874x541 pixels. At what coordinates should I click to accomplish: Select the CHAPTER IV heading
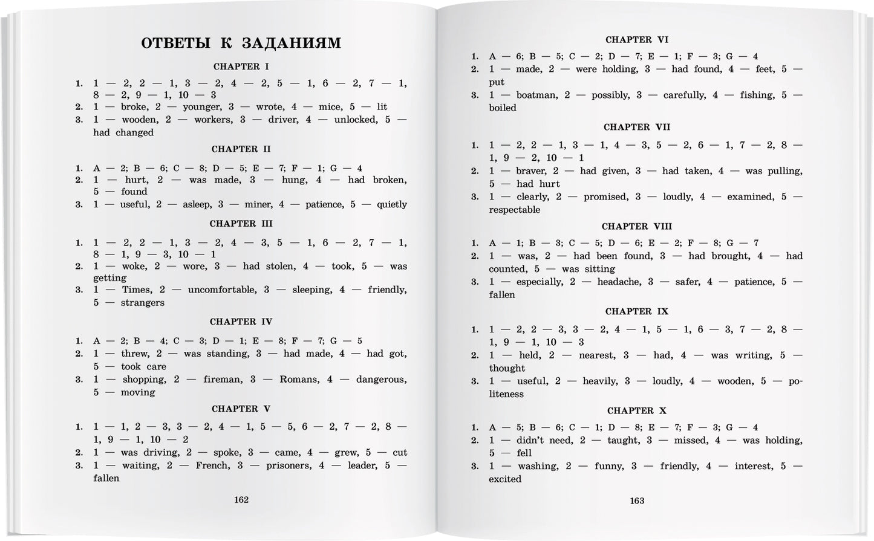click(241, 322)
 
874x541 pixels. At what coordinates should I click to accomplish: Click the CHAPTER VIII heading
click(637, 226)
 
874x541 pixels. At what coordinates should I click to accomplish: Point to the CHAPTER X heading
click(637, 410)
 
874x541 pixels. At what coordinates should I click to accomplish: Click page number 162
click(241, 499)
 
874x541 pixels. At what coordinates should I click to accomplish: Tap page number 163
click(637, 501)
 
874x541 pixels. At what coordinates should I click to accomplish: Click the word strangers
click(142, 302)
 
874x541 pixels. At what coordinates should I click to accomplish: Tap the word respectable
click(515, 210)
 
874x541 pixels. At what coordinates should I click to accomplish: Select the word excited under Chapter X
click(505, 479)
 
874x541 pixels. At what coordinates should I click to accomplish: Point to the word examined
click(750, 196)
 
